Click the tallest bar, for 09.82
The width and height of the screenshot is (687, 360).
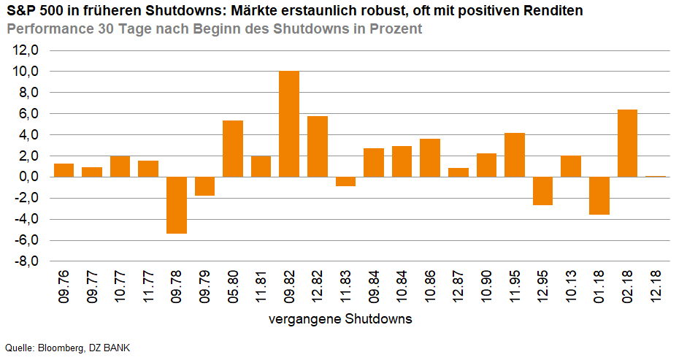click(x=289, y=124)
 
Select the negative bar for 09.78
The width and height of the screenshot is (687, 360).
click(x=177, y=205)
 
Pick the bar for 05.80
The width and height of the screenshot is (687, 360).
click(x=233, y=149)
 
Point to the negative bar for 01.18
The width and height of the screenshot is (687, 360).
click(x=599, y=196)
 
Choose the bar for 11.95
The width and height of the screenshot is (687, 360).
click(x=514, y=155)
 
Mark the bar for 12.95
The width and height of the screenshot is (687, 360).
click(x=542, y=191)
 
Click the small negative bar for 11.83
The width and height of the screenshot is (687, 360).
click(x=345, y=181)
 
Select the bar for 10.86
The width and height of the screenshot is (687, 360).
click(x=430, y=158)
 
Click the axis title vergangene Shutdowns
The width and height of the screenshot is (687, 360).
click(x=339, y=319)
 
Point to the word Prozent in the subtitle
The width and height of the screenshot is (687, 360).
click(x=394, y=30)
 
